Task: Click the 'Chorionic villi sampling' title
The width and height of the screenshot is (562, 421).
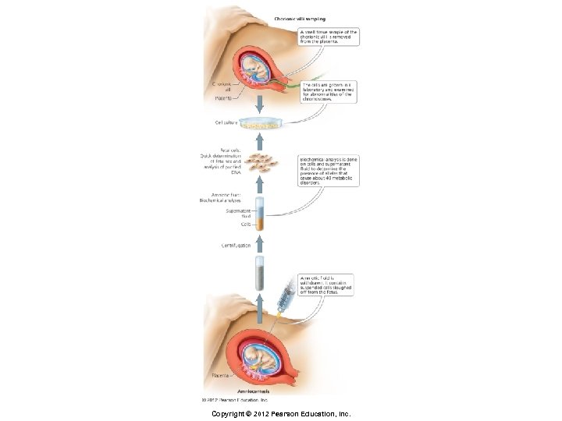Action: [x=300, y=17]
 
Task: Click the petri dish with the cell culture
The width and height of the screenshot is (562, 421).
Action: [x=260, y=123]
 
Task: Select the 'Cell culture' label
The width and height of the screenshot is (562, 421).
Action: [x=226, y=122]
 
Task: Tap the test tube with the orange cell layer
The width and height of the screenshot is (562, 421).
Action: [x=260, y=215]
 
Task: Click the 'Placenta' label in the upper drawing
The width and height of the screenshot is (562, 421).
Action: [x=226, y=98]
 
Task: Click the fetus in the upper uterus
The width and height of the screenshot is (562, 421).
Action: [x=257, y=70]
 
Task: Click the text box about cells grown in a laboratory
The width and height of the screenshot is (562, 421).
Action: [x=328, y=92]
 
